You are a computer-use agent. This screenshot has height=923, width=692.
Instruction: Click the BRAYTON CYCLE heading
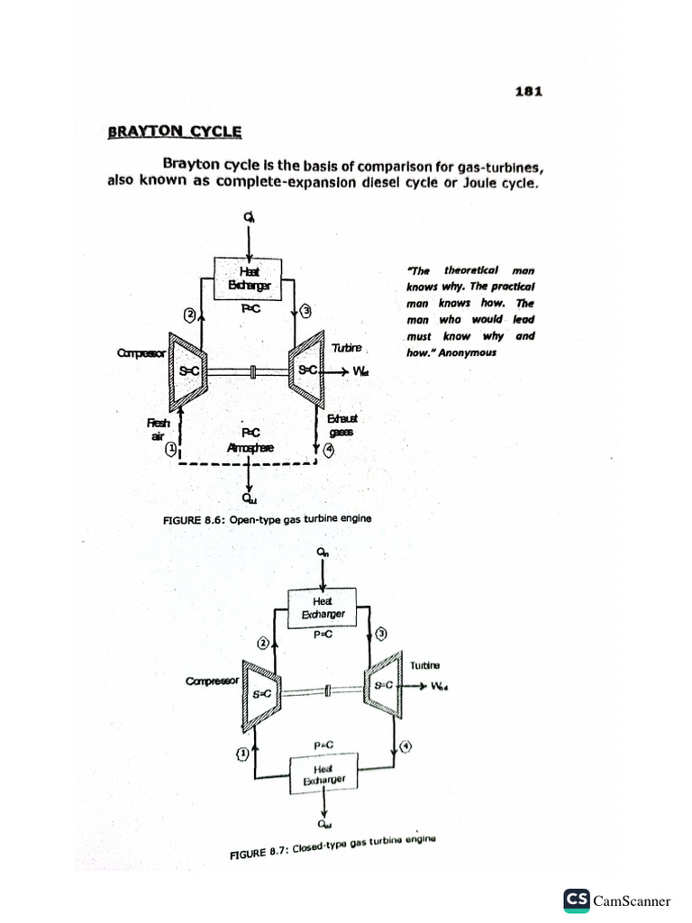click(175, 132)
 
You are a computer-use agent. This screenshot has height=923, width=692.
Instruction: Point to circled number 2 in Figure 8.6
click(190, 315)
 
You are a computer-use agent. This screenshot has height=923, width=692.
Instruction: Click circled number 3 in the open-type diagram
click(306, 312)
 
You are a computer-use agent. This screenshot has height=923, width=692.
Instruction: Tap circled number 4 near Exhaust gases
click(328, 452)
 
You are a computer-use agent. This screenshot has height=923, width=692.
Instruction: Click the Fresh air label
click(158, 429)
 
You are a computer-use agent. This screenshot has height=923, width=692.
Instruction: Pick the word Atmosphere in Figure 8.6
click(250, 447)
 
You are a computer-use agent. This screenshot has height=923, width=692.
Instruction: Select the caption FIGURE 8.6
click(267, 519)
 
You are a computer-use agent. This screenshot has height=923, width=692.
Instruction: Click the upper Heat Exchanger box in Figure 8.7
click(323, 607)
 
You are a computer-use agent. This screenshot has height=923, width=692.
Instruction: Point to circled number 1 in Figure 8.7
click(241, 753)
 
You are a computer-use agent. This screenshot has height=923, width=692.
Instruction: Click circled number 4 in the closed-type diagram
click(405, 746)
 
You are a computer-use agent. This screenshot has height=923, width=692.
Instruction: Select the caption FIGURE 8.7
click(332, 846)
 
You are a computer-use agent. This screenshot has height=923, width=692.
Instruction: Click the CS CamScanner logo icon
click(577, 899)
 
